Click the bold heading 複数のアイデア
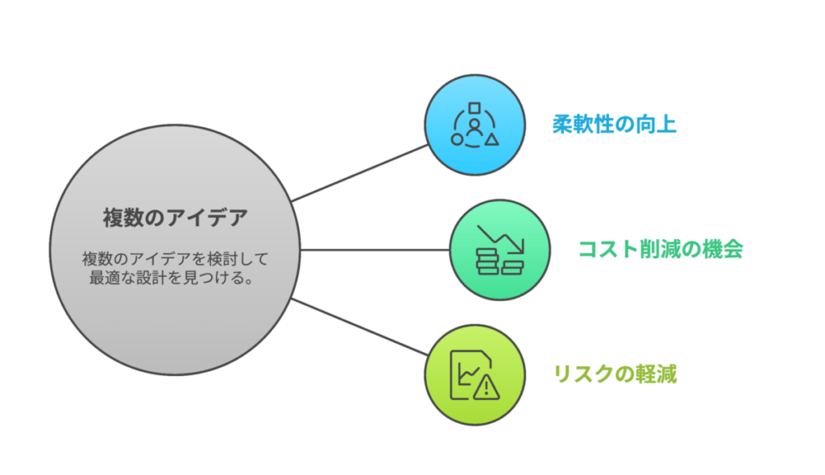pyautogui.click(x=175, y=217)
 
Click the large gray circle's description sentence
pyautogui.click(x=175, y=268)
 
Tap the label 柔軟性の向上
pyautogui.click(x=614, y=125)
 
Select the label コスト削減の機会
pyautogui.click(x=661, y=249)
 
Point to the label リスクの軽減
pyautogui.click(x=615, y=374)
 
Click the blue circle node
pyautogui.click(x=475, y=125)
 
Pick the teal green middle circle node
pyautogui.click(x=500, y=250)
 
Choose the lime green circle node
pyautogui.click(x=475, y=374)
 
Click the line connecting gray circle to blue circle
pyautogui.click(x=360, y=173)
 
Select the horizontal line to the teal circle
pyautogui.click(x=375, y=250)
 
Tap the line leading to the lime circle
pyautogui.click(x=360, y=327)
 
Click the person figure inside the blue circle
pyautogui.click(x=475, y=128)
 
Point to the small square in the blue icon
pyautogui.click(x=475, y=108)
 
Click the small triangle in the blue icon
pyautogui.click(x=492, y=139)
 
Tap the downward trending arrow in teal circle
pyautogui.click(x=501, y=239)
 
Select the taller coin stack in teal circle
pyautogui.click(x=487, y=262)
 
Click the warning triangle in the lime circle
pyautogui.click(x=486, y=388)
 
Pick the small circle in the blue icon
pyautogui.click(x=458, y=140)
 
